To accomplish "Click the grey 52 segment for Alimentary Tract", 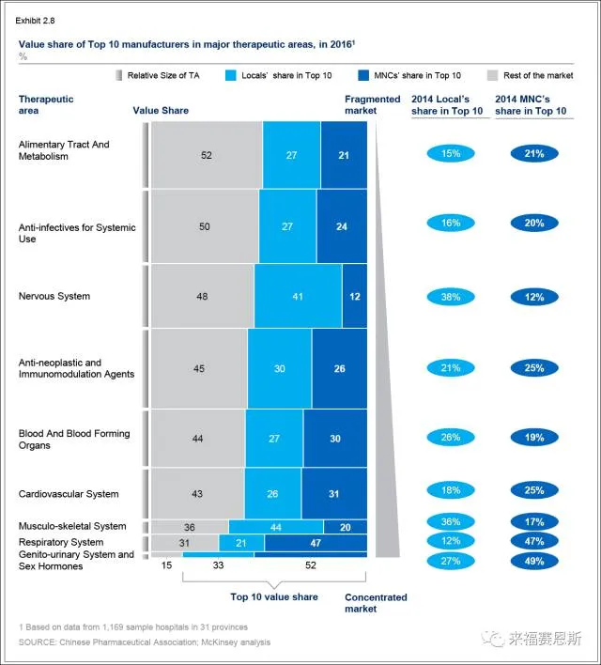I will coord(207,155).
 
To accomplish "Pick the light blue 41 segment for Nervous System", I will coord(298,296).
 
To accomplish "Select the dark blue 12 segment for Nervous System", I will coord(354,296).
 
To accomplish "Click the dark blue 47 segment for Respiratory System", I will coord(316,543).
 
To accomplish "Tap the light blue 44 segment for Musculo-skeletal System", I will coord(276,527).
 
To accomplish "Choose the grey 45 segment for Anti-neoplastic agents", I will coord(199,368).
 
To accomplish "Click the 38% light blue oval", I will coord(451,297).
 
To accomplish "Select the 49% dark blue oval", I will coord(534,562).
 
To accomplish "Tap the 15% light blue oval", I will coord(451,153).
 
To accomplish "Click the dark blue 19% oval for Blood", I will coord(534,438).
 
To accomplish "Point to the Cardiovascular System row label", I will coord(69,494).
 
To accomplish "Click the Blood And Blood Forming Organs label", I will coord(74,440).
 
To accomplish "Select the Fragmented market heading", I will coord(361,104).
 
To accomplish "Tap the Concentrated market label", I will coord(376,603).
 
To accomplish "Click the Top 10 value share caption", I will coord(274,597).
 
